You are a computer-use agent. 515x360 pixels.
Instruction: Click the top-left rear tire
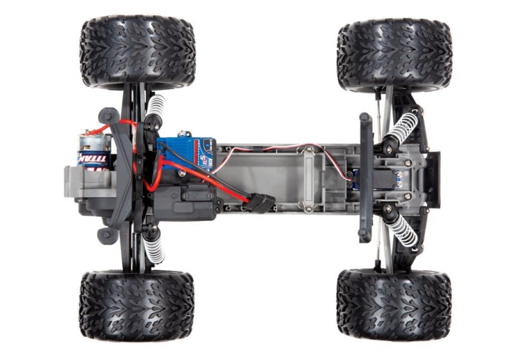click(x=136, y=52)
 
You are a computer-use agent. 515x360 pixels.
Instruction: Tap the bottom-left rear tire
click(x=136, y=305)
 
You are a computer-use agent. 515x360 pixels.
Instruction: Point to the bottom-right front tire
click(x=394, y=305)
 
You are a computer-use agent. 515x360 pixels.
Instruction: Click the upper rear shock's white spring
click(x=156, y=110)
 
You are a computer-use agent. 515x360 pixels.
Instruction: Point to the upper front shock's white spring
click(x=403, y=128)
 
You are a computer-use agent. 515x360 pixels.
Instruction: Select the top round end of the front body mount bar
click(x=365, y=118)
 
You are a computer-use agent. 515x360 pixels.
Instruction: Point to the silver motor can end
click(x=86, y=146)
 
